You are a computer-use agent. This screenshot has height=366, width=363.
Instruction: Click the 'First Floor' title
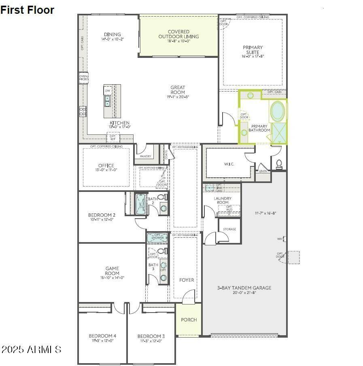tap(27, 10)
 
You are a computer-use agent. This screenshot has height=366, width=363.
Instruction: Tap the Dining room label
tap(112, 34)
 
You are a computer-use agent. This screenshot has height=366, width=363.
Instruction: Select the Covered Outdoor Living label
tap(178, 34)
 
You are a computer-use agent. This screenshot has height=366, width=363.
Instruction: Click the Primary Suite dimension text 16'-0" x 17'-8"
tap(253, 57)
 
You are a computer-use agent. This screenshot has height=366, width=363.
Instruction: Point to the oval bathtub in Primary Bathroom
tap(277, 111)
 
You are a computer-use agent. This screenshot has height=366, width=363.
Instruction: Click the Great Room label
tap(178, 90)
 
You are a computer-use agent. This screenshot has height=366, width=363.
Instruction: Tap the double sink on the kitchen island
tap(108, 100)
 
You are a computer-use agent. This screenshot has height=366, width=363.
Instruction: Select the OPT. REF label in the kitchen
tap(113, 138)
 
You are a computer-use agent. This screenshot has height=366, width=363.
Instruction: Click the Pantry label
tap(145, 156)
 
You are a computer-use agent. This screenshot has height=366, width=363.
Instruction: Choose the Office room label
tap(106, 166)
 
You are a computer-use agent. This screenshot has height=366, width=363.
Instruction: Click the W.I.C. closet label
tap(229, 164)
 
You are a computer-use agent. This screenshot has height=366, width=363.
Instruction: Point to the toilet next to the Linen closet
tap(279, 164)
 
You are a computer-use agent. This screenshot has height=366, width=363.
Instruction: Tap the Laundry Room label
tap(223, 200)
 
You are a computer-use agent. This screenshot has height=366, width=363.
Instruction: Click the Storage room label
tap(229, 230)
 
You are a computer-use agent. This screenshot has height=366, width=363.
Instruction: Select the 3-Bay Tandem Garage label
tap(244, 288)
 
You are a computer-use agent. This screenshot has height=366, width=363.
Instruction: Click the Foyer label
tap(187, 280)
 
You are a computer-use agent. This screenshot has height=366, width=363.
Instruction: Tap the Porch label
tap(189, 319)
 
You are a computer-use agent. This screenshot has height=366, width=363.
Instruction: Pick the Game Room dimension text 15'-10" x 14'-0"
tap(112, 278)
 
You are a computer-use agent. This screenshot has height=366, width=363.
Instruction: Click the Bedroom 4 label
tap(102, 336)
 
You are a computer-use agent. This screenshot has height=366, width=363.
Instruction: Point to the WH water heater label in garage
tap(279, 239)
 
